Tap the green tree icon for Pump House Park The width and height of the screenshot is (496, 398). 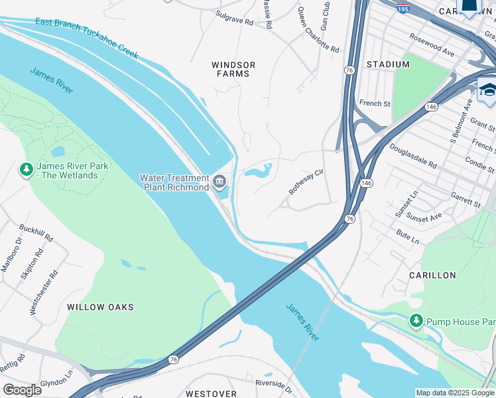click(x=416, y=322)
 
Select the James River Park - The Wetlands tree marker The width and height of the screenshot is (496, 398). click(x=27, y=170)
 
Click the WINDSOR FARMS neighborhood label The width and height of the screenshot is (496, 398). click(x=233, y=69)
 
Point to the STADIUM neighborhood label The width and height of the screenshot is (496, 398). click(x=388, y=64)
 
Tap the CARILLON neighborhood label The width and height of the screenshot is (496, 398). click(x=432, y=275)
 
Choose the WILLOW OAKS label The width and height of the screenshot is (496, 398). click(x=100, y=307)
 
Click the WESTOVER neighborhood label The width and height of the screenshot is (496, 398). click(x=211, y=393)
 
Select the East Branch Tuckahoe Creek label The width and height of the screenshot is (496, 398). click(x=87, y=39)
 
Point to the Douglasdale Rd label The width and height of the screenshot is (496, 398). click(x=413, y=157)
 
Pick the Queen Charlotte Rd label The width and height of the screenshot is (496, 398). click(x=318, y=31)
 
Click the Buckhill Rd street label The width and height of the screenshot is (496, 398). click(x=36, y=232)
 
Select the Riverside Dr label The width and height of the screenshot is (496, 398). click(x=273, y=385)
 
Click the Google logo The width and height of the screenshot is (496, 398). click(x=22, y=389)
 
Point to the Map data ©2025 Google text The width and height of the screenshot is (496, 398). click(x=455, y=393)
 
